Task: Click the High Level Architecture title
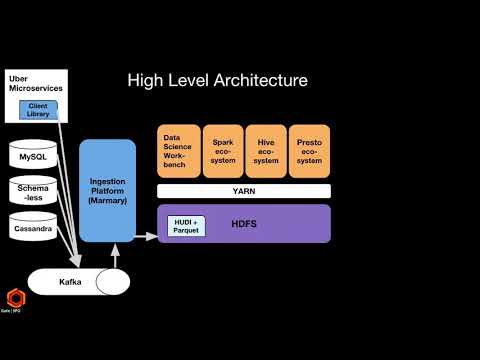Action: (x=217, y=80)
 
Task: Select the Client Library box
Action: (x=38, y=110)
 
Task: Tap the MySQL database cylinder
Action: (x=33, y=157)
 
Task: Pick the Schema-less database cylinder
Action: (x=33, y=190)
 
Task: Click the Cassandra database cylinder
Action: (x=33, y=227)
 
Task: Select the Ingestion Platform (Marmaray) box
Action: (x=107, y=190)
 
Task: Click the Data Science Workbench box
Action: (x=178, y=150)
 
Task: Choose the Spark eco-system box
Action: (x=223, y=150)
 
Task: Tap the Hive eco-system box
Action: (x=266, y=150)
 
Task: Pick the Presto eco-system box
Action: (x=310, y=150)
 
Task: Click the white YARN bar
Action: (x=243, y=190)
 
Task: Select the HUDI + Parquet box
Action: (x=186, y=225)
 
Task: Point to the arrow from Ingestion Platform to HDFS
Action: (x=146, y=237)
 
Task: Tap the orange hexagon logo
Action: (x=17, y=298)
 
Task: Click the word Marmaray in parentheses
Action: (x=107, y=201)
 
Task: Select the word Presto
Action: (x=310, y=143)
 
